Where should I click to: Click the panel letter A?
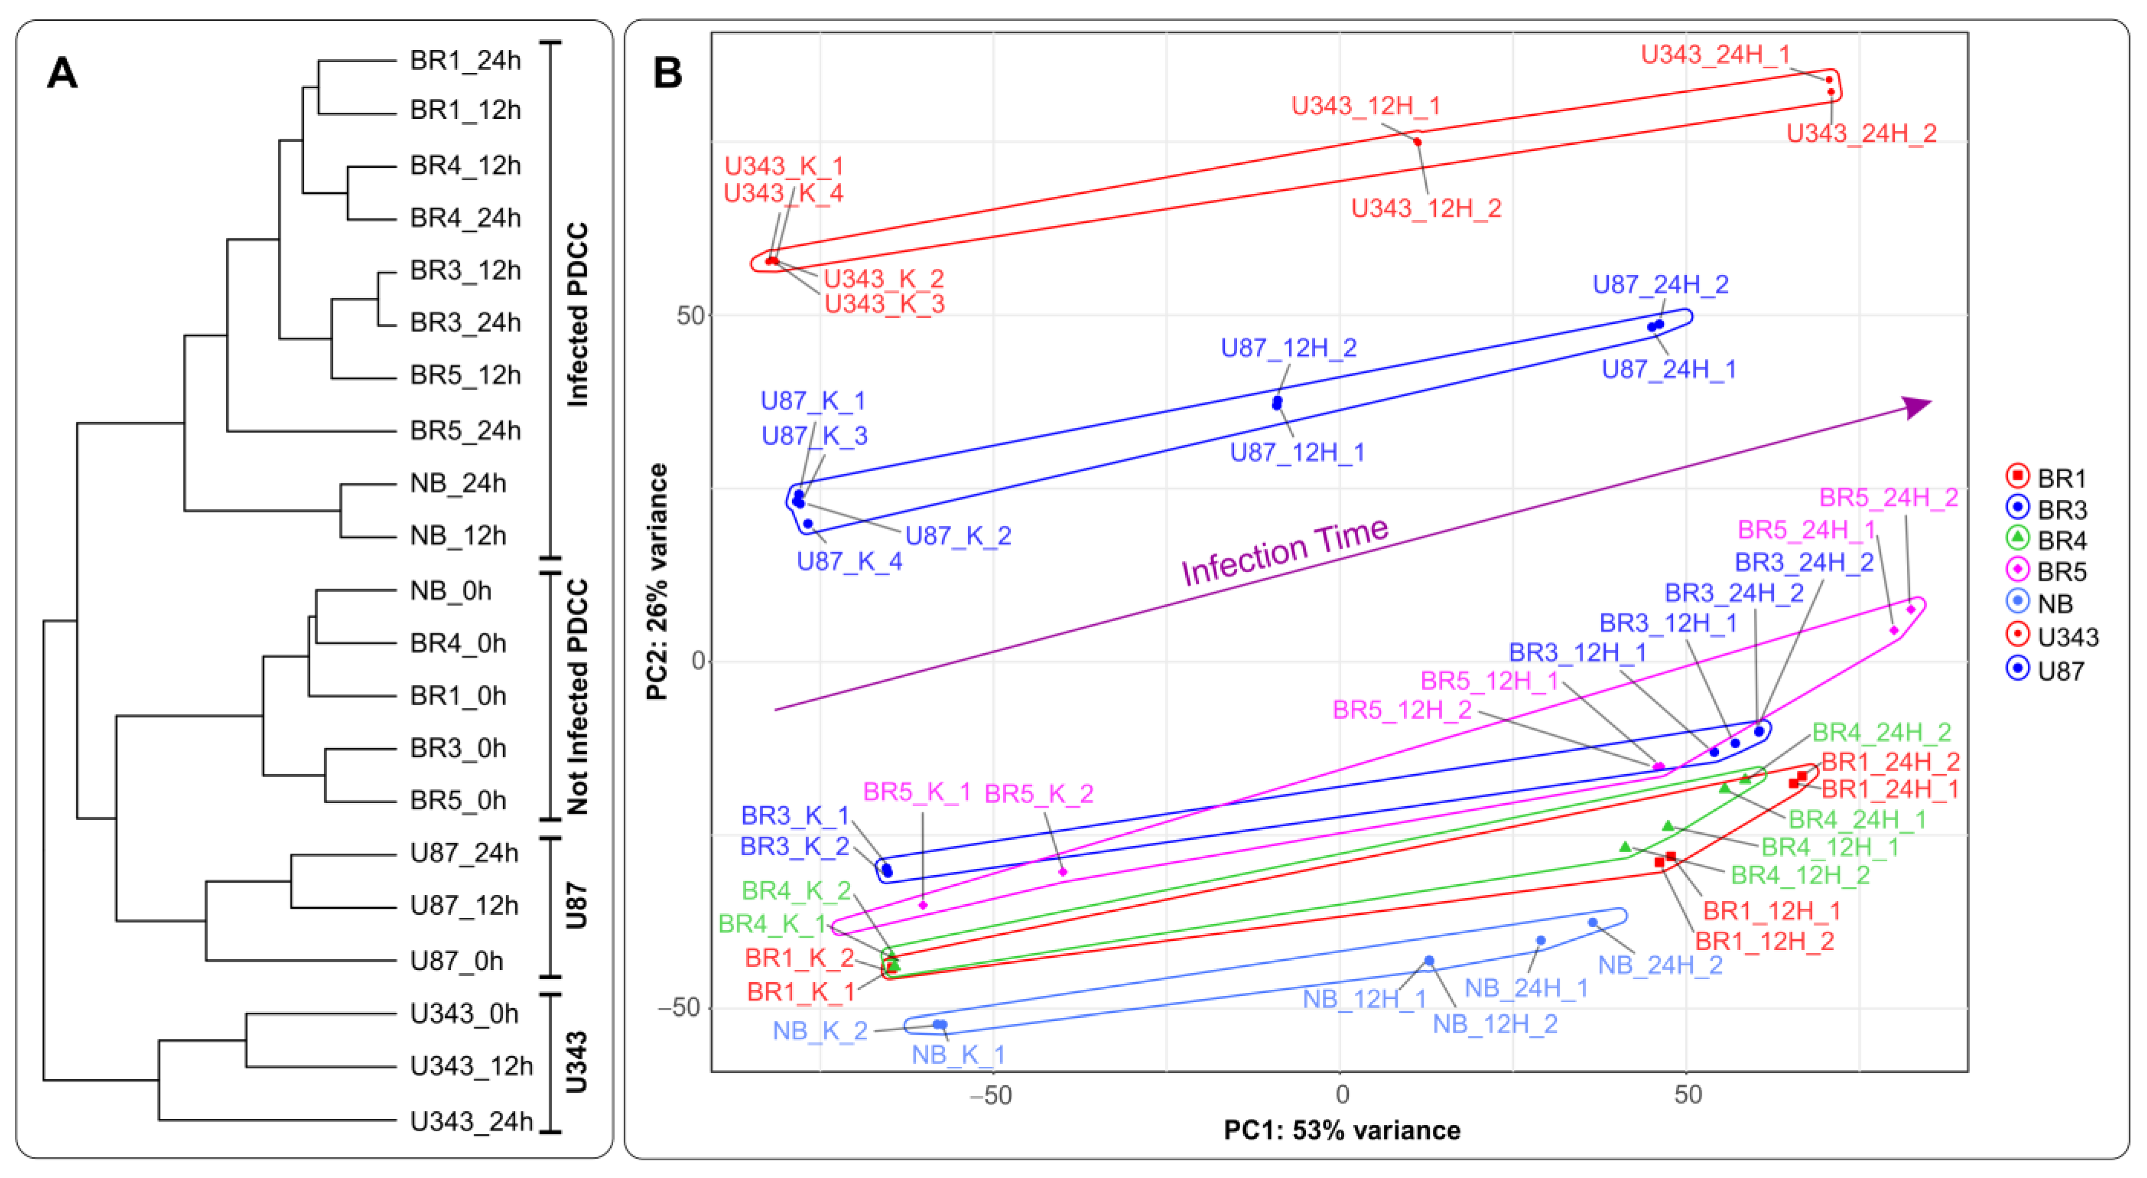click(63, 73)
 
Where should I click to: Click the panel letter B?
click(668, 73)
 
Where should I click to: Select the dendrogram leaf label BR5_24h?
click(465, 431)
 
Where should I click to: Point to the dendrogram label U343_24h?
click(471, 1121)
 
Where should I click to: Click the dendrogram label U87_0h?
click(457, 961)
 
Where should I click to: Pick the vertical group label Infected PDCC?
click(577, 315)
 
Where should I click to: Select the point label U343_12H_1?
click(1365, 106)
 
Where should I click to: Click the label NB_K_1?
click(958, 1055)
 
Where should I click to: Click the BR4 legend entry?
click(2050, 541)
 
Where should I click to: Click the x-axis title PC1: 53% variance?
click(1342, 1131)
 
